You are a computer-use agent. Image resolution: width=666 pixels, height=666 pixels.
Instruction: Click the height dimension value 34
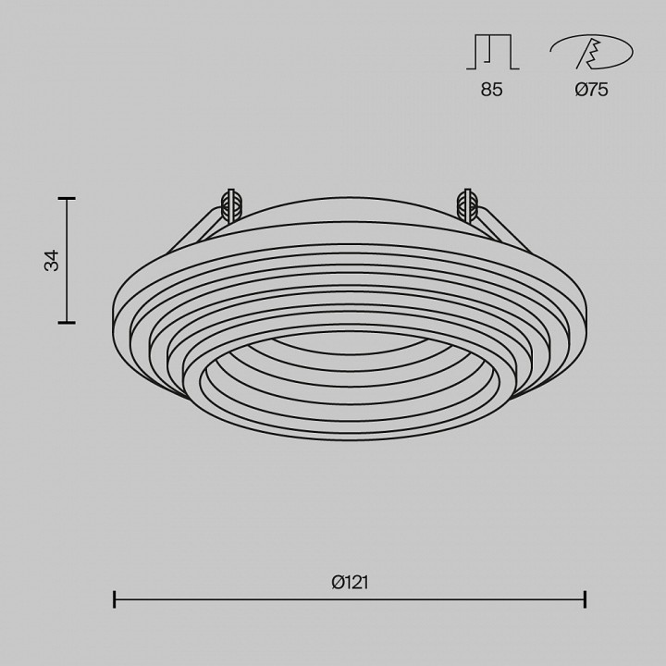[x=53, y=260]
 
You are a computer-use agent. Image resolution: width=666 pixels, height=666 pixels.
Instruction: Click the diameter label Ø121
[x=350, y=582]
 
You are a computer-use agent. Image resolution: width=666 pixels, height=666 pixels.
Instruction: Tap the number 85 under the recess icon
[x=492, y=90]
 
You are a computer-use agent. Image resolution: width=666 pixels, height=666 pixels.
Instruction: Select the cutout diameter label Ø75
[x=591, y=90]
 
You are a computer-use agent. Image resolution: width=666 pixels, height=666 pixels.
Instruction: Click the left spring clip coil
[x=230, y=204]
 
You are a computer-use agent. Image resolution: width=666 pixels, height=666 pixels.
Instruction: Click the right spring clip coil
[x=469, y=204]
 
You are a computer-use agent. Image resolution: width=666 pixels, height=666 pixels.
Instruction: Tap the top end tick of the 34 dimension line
[x=67, y=199]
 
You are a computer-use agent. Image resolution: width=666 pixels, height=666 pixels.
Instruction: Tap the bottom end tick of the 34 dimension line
[x=67, y=322]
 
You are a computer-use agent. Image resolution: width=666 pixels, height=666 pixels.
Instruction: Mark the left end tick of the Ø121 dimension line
[x=114, y=599]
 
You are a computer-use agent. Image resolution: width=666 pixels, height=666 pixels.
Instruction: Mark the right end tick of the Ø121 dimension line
[x=585, y=599]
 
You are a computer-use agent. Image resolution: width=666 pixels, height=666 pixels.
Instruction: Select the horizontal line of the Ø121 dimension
[x=350, y=599]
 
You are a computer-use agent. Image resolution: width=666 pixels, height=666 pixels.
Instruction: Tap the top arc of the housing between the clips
[x=350, y=197]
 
